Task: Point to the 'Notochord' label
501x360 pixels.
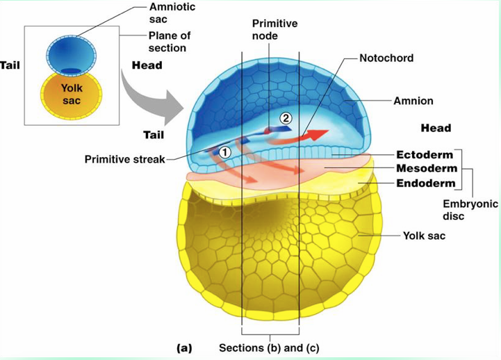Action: point(386,58)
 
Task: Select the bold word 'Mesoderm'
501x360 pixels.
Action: point(426,169)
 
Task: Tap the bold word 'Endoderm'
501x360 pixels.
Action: point(425,183)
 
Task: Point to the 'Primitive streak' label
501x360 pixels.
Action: point(124,159)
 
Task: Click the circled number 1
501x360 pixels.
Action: point(224,152)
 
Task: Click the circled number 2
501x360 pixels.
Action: point(286,118)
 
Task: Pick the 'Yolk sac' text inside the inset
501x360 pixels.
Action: point(72,94)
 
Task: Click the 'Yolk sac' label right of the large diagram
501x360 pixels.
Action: point(424,236)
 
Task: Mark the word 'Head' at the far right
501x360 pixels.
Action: point(436,128)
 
